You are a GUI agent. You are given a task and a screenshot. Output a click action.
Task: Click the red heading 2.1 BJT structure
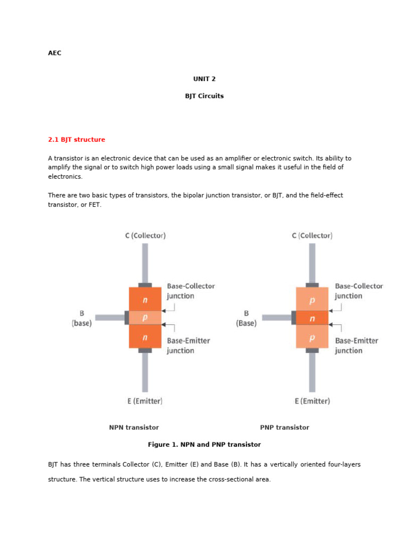click(76, 140)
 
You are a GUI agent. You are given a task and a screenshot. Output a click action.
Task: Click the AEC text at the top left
click(54, 53)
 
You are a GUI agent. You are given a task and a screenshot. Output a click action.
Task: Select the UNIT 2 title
click(204, 79)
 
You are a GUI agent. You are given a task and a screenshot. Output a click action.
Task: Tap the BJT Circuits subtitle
click(204, 97)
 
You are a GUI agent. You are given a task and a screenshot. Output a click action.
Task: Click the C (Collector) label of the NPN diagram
click(145, 236)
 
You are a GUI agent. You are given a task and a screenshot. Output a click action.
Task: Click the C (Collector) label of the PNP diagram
click(312, 236)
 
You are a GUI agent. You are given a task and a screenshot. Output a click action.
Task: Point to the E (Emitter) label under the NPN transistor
click(145, 401)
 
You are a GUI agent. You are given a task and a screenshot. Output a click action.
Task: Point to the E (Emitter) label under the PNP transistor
click(312, 401)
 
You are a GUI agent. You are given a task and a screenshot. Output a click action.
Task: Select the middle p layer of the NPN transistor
click(145, 318)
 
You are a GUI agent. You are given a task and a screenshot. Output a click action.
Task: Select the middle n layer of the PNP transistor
click(312, 318)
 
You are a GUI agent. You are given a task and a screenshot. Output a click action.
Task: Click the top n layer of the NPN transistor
click(145, 300)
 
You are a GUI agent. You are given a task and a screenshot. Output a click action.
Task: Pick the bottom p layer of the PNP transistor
click(312, 337)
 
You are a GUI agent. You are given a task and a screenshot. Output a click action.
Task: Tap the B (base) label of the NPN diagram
click(81, 318)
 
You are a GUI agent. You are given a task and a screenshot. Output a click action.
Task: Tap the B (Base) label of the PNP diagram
click(246, 318)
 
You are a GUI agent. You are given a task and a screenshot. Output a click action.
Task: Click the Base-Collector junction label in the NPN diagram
click(191, 291)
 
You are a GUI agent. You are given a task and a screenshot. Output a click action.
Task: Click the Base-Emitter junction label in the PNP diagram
click(356, 346)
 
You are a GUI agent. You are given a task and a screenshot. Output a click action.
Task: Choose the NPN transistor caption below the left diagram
click(134, 428)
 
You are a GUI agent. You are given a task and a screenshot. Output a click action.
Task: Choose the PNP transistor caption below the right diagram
click(284, 428)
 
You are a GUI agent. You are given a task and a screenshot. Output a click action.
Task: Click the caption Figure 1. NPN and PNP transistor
click(204, 445)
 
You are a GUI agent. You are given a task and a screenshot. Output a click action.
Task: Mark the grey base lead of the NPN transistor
click(110, 318)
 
